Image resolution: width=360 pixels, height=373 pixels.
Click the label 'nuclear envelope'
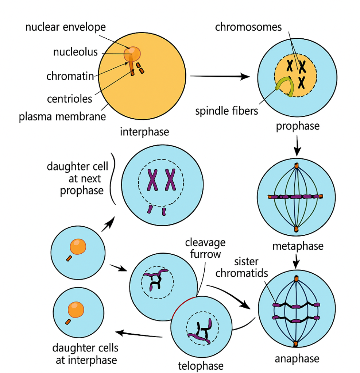[x=65, y=27]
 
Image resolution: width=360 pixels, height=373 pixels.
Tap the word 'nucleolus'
[x=76, y=52]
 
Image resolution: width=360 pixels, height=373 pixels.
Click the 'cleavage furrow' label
[x=205, y=248]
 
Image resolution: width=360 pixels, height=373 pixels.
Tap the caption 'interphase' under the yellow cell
[x=144, y=131]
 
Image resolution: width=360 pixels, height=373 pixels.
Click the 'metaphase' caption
[x=298, y=246]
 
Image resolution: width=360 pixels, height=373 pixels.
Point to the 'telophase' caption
[x=201, y=365]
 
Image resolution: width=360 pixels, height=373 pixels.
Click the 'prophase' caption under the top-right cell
[x=298, y=126]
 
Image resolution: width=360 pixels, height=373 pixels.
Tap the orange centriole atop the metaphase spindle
[x=297, y=166]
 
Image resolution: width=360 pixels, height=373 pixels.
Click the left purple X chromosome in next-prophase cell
[x=152, y=180]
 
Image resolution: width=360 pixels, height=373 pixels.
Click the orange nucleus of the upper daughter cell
[x=78, y=246]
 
